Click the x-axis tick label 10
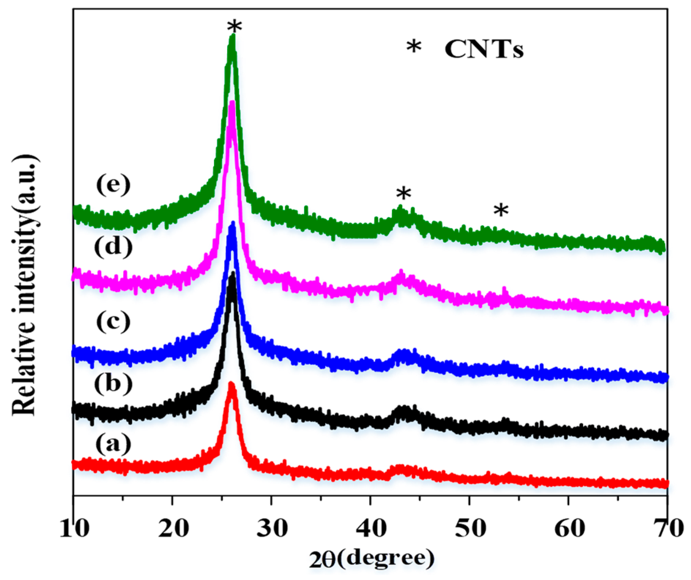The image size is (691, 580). coord(74,528)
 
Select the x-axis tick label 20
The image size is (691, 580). coord(173,528)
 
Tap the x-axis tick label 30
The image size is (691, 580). coord(272,528)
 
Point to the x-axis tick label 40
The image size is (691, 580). coord(371,528)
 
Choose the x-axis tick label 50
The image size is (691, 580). coord(470,528)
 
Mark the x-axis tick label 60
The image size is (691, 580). coord(569,528)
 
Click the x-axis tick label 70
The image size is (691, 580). coord(668,528)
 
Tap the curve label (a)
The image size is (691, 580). coord(113,444)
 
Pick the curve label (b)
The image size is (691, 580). coord(113,384)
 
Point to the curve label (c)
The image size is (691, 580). coord(113,321)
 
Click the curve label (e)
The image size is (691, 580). coord(113,184)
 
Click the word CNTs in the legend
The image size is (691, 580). coord(484,49)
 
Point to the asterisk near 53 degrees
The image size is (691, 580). coord(501,211)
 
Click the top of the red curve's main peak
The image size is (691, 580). coord(231,383)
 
